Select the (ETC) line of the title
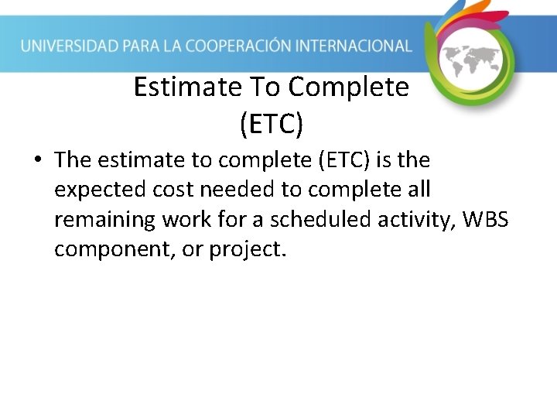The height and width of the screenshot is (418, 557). click(272, 122)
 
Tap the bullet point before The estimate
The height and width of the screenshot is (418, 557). click(36, 160)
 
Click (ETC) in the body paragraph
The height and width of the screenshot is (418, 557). click(338, 160)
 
